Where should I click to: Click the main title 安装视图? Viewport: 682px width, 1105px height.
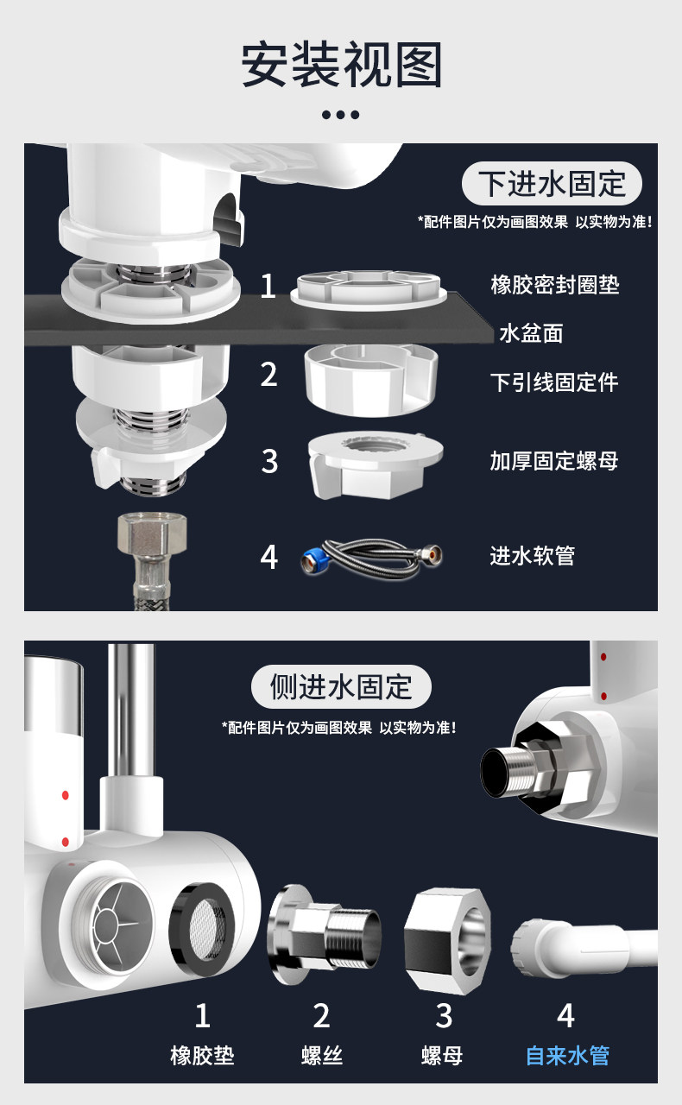[341, 65]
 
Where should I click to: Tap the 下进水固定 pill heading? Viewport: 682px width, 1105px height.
[552, 184]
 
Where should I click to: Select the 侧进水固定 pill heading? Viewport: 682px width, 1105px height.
[341, 686]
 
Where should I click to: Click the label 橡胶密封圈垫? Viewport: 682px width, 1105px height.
[555, 285]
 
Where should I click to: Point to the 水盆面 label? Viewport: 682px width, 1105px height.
[531, 333]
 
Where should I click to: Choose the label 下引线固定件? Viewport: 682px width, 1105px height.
[554, 382]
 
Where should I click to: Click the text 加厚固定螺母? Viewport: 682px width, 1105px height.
[554, 461]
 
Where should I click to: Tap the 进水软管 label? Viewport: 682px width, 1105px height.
[533, 555]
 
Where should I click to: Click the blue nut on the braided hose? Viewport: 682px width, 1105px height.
[311, 561]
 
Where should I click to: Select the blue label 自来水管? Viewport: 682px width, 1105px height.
[567, 1055]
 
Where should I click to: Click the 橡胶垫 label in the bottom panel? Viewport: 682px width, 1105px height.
[202, 1055]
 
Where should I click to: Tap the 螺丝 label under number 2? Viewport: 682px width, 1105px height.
[322, 1055]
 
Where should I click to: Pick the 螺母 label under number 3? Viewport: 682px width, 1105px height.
[442, 1055]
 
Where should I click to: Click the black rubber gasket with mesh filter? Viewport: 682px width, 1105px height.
[202, 930]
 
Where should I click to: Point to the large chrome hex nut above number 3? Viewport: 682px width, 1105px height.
[448, 940]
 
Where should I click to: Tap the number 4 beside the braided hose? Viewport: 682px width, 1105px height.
[269, 558]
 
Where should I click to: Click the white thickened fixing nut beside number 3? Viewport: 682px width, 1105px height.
[375, 465]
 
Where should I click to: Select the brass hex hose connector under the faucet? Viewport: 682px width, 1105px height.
[152, 534]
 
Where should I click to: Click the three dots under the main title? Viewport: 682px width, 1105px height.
[340, 115]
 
